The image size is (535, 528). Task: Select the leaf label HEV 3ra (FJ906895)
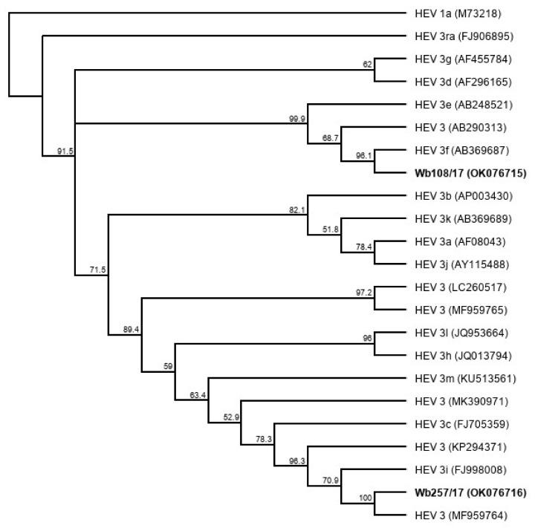(465, 35)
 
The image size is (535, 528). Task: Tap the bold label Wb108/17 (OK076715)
(471, 174)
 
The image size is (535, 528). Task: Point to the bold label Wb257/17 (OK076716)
(471, 492)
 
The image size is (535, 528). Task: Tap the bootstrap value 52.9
(233, 417)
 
